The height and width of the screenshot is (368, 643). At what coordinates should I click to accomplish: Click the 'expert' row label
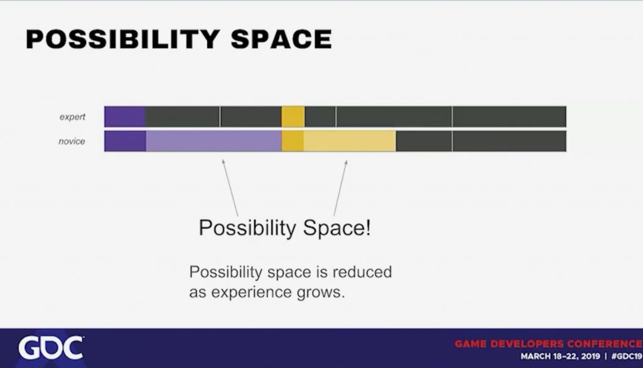[x=72, y=117]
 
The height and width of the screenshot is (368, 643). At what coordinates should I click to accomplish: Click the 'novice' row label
[x=72, y=141]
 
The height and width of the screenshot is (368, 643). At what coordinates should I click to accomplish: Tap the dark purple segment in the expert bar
[x=125, y=117]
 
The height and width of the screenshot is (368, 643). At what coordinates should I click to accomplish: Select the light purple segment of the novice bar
[x=213, y=141]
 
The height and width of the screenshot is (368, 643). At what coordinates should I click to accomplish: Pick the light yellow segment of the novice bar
[x=350, y=141]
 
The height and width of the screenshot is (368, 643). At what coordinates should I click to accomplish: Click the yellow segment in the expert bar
[x=293, y=117]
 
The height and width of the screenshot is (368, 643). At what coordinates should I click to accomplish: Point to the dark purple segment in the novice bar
[x=125, y=141]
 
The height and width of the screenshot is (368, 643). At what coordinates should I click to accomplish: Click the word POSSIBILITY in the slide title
[x=122, y=39]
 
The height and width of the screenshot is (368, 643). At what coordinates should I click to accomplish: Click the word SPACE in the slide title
[x=281, y=39]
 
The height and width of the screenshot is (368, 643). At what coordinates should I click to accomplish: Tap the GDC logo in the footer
[x=51, y=349]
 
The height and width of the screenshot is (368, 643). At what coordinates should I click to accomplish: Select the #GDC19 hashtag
[x=626, y=356]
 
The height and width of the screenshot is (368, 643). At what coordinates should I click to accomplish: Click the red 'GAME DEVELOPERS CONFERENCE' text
[x=548, y=344]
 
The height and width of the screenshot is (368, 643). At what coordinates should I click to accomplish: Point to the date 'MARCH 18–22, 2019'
[x=560, y=356]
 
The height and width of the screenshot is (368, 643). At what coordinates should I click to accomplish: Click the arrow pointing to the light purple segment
[x=230, y=187]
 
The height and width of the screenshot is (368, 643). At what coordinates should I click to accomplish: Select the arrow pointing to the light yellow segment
[x=340, y=188]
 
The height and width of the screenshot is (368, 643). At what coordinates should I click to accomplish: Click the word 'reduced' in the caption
[x=362, y=272]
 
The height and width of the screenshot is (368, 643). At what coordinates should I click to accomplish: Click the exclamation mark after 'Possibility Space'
[x=368, y=227]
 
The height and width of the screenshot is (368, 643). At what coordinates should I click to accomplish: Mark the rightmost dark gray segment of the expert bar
[x=509, y=117]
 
